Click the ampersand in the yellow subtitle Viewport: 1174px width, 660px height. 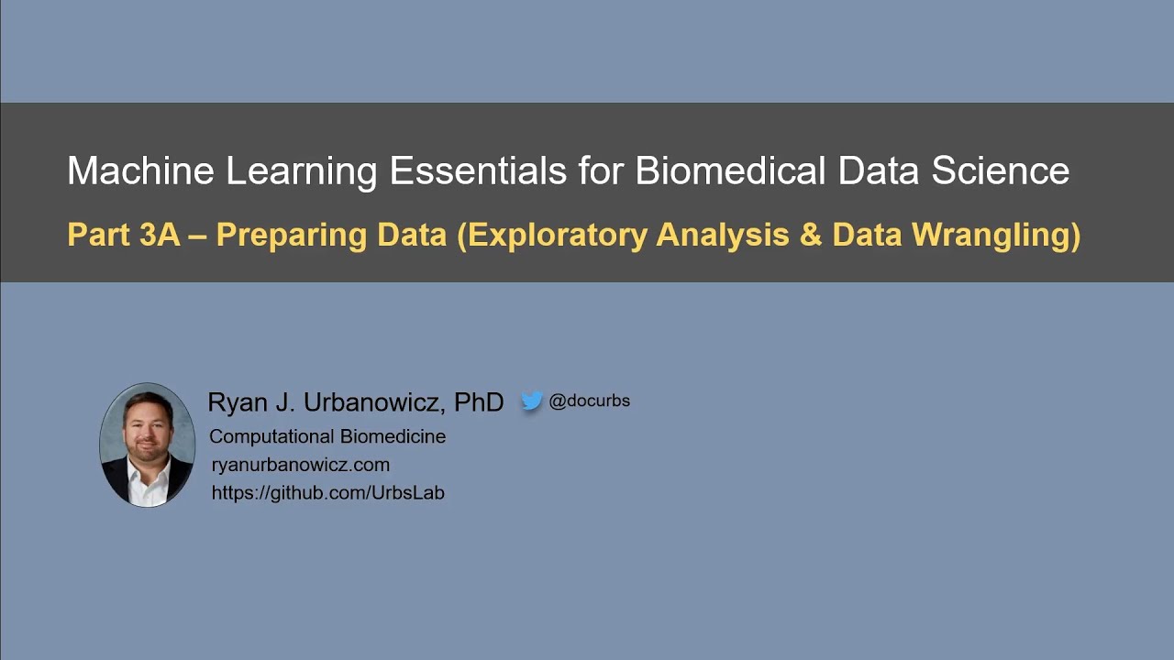pyautogui.click(x=810, y=236)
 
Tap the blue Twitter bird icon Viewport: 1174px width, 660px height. pyautogui.click(x=532, y=401)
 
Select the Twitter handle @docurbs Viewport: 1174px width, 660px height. pyautogui.click(x=589, y=401)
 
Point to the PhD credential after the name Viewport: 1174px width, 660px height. pyautogui.click(x=479, y=402)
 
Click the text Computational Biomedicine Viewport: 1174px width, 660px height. pyautogui.click(x=327, y=436)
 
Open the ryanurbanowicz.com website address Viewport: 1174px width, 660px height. pyautogui.click(x=301, y=465)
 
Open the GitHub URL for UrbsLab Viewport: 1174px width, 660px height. pyautogui.click(x=327, y=492)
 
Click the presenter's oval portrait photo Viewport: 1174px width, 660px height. pyautogui.click(x=147, y=445)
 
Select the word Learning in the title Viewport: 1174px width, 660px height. pyautogui.click(x=302, y=171)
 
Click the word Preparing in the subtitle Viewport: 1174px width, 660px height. pyautogui.click(x=291, y=236)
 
